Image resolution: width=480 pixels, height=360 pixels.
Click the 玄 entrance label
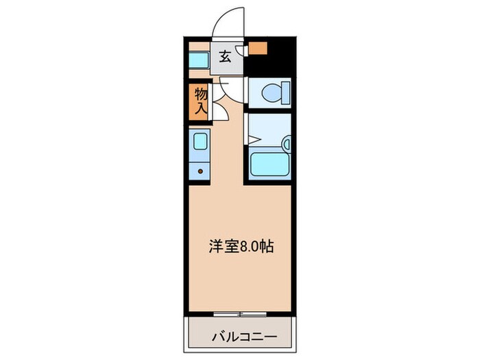tap(225, 57)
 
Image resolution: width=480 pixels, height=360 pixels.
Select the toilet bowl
tap(273, 93)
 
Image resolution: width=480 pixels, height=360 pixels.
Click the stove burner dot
tap(201, 171)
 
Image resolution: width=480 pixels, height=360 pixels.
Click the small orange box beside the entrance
tap(258, 49)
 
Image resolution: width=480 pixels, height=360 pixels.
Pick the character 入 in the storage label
tap(201, 108)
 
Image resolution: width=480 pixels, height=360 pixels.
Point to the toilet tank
tap(285, 92)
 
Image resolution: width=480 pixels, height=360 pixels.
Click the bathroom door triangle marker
tap(251, 140)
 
